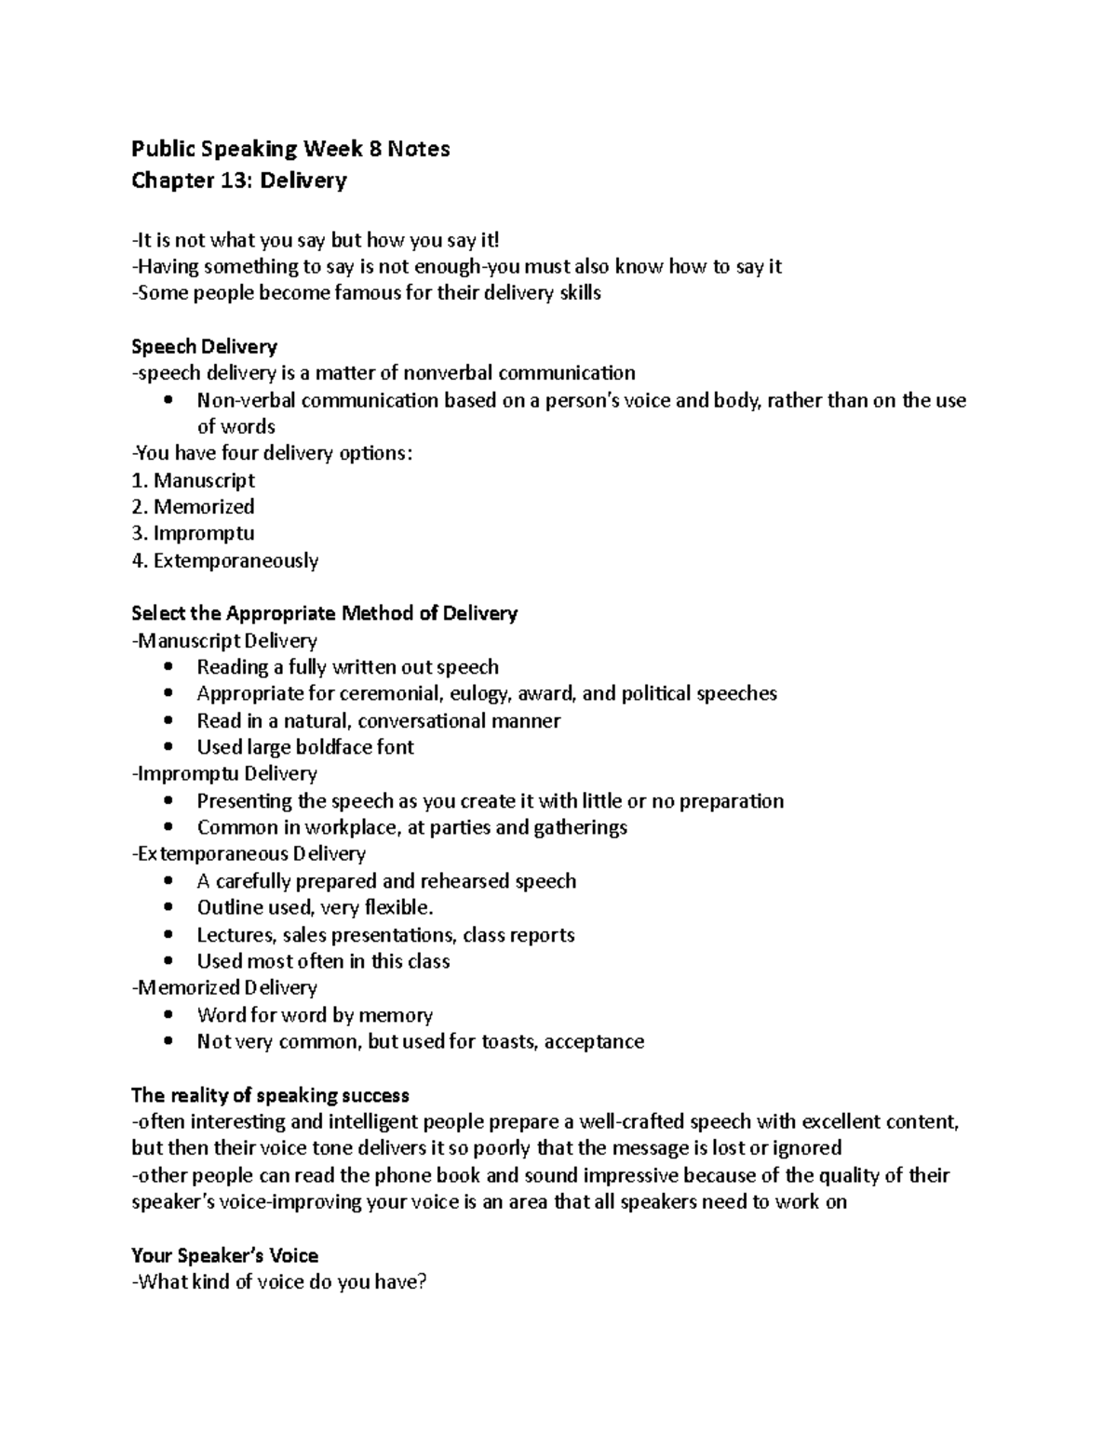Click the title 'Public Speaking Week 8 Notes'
(290, 149)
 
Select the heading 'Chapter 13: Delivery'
(239, 181)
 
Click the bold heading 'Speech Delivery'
(204, 347)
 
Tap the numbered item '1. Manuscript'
(193, 481)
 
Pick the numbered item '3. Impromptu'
(193, 534)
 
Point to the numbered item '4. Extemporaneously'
(224, 561)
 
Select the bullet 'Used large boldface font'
(305, 747)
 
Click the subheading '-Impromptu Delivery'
(224, 774)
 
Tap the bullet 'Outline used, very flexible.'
(315, 908)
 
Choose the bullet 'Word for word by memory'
(315, 1015)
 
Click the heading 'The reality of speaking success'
(270, 1095)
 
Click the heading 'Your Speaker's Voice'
(224, 1256)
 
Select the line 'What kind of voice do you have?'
(280, 1283)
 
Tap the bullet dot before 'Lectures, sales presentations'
(168, 935)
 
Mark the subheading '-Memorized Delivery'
(224, 988)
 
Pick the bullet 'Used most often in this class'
(323, 962)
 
